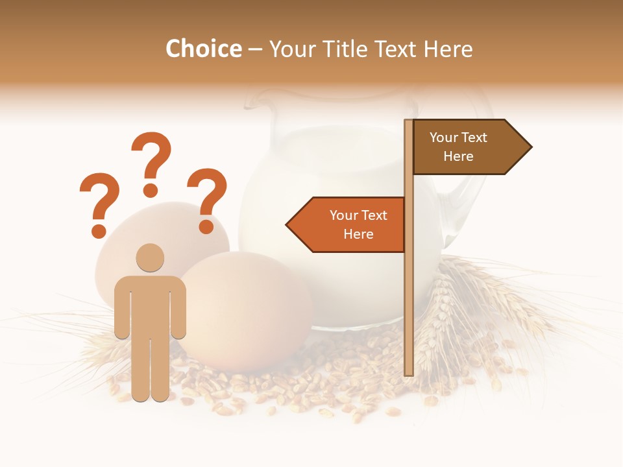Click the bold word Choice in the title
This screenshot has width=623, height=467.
click(203, 49)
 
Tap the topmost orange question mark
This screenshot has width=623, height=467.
click(151, 162)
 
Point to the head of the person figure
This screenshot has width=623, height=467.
click(150, 258)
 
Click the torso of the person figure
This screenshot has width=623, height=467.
click(150, 305)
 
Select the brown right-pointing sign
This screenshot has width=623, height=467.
click(467, 147)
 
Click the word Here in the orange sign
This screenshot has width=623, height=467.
click(358, 234)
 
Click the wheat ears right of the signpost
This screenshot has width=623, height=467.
click(480, 305)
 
